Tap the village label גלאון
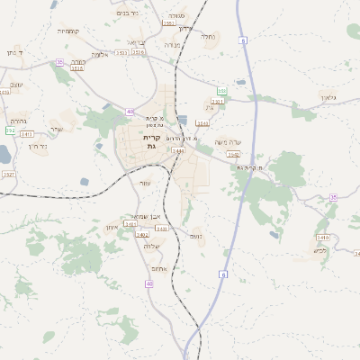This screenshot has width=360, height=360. pyautogui.click(x=327, y=96)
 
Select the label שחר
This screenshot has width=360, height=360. pyautogui.click(x=57, y=129)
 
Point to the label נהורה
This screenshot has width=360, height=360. pyautogui.click(x=18, y=120)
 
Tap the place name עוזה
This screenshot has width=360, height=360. pyautogui.click(x=144, y=182)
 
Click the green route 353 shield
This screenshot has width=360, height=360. pyautogui.click(x=221, y=91)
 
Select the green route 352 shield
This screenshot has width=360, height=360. pyautogui.click(x=10, y=130)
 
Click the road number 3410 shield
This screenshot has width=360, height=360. pyautogui.click(x=323, y=238)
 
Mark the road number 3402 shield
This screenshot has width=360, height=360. pyautogui.click(x=142, y=235)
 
